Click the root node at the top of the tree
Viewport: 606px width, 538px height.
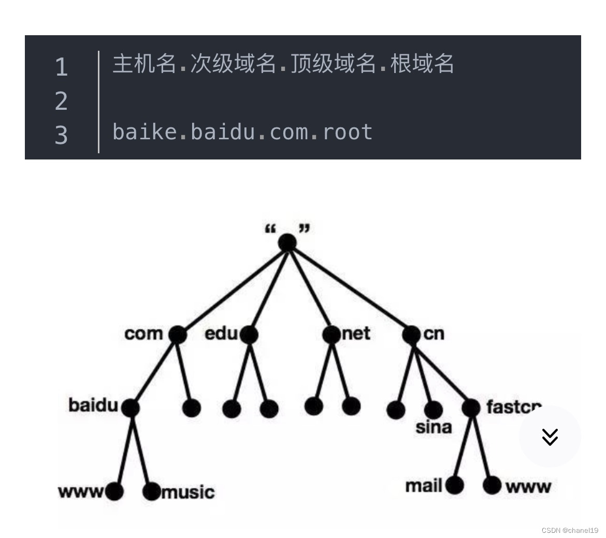click(287, 242)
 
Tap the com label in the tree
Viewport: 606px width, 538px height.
click(143, 334)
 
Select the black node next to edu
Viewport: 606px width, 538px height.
click(249, 335)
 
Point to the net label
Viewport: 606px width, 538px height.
click(356, 334)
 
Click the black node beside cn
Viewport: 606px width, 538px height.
click(411, 335)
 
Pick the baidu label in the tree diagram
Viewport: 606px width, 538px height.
click(93, 405)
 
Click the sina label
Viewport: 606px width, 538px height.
click(434, 428)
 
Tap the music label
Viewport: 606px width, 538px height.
click(188, 491)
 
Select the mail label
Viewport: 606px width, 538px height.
click(424, 486)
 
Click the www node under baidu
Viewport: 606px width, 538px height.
click(114, 491)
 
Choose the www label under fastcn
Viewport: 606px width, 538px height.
click(528, 487)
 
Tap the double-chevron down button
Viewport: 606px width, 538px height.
click(550, 437)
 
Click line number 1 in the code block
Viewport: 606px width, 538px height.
click(61, 67)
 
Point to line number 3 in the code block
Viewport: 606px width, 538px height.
click(61, 135)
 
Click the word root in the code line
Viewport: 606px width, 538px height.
click(348, 132)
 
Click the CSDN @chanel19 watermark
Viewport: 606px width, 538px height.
click(570, 530)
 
